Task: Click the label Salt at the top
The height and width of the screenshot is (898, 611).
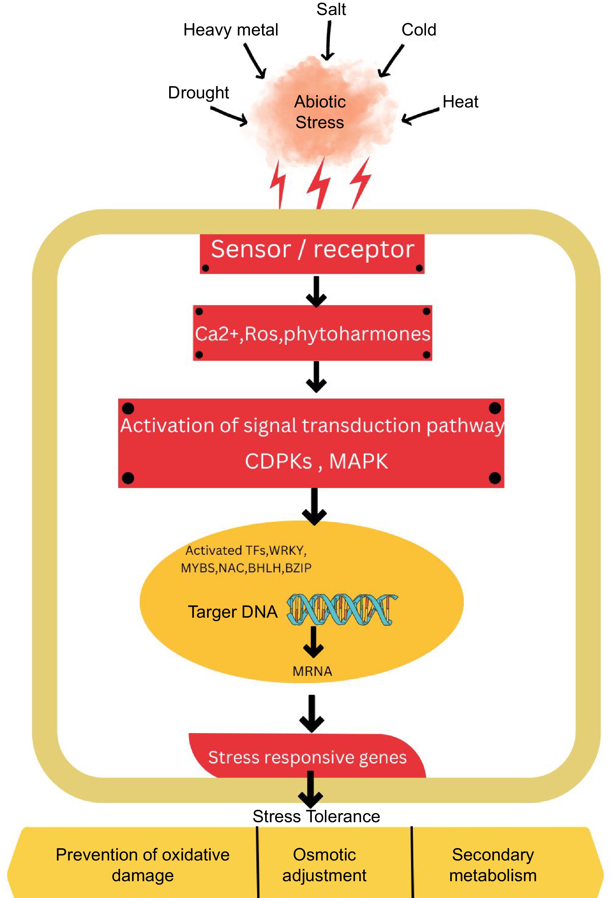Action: (x=331, y=9)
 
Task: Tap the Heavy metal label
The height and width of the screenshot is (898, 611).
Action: (x=230, y=30)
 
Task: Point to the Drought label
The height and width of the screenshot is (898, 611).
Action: (x=198, y=93)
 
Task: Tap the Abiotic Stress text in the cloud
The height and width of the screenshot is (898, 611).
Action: (x=320, y=112)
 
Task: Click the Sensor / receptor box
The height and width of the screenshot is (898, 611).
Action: (x=312, y=253)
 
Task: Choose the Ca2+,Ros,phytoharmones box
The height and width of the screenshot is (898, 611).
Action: (x=312, y=333)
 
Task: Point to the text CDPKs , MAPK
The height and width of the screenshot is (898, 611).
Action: (x=316, y=461)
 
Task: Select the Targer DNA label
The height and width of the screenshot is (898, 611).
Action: (x=233, y=612)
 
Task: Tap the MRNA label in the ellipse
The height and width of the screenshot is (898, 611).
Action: (x=312, y=671)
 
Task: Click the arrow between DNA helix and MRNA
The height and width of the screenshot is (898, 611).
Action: (x=313, y=642)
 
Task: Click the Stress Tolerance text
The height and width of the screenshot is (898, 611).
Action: (x=316, y=816)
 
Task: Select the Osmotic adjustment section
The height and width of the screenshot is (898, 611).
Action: (x=324, y=865)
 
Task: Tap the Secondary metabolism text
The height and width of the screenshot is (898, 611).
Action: (x=493, y=865)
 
